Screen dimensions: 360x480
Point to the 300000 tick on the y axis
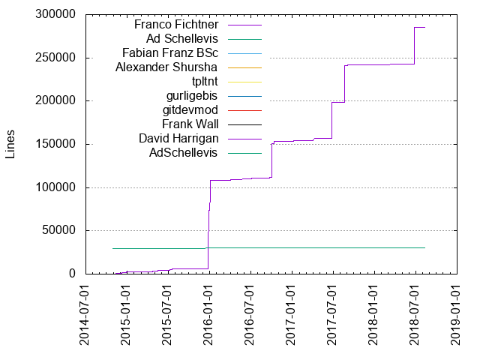click(53, 14)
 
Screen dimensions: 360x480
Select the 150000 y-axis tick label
click(53, 144)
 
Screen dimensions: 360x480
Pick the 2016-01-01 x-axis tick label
click(208, 315)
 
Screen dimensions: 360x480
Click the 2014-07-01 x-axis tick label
click(85, 315)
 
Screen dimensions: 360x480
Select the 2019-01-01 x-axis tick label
click(456, 315)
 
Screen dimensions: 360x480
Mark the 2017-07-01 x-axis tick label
click(332, 315)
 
